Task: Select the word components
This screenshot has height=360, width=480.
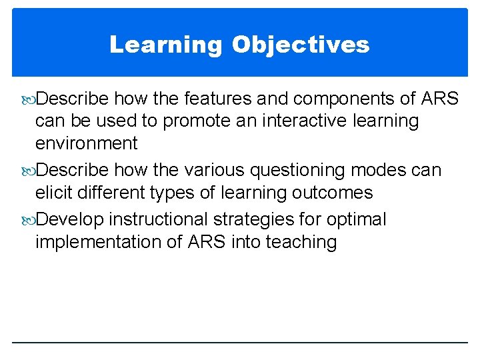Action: click(353, 99)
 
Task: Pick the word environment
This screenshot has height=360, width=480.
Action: click(86, 143)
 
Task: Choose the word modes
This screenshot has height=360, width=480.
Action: click(380, 171)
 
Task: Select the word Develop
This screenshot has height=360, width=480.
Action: click(70, 220)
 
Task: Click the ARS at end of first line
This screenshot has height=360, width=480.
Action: click(440, 99)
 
